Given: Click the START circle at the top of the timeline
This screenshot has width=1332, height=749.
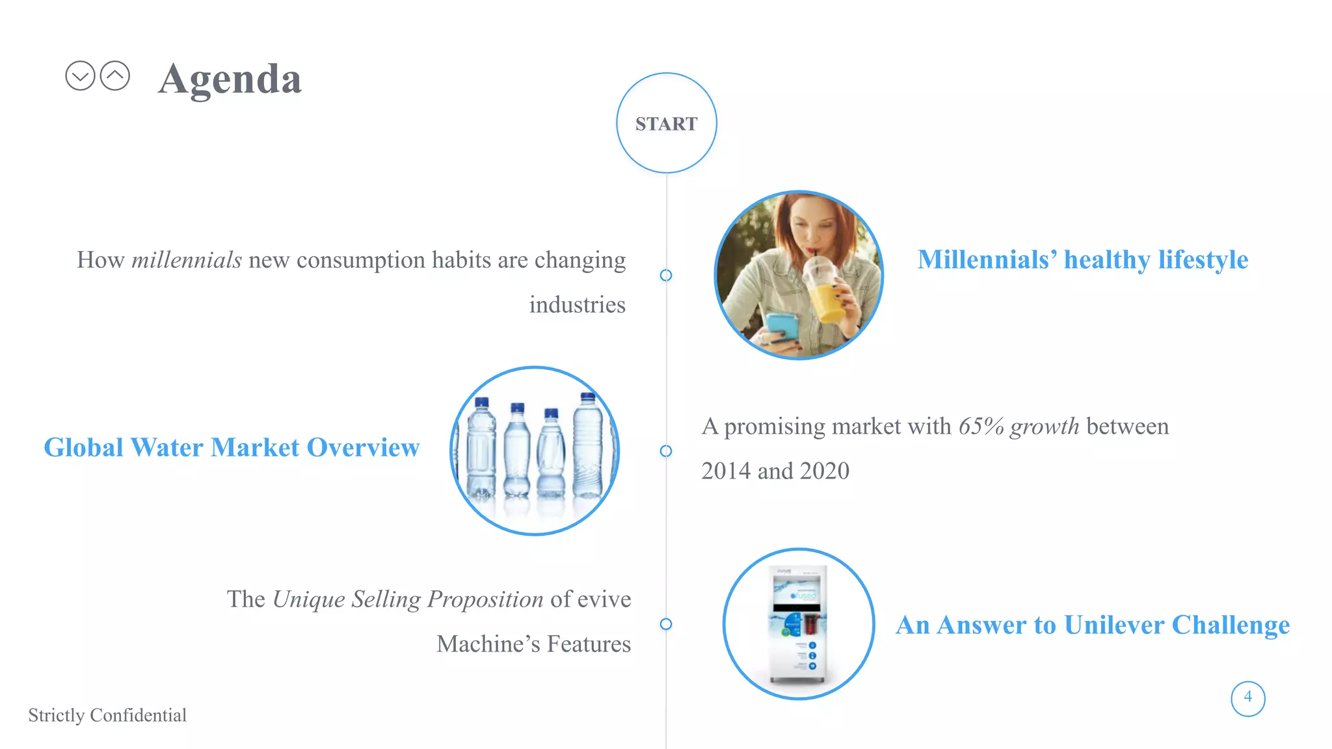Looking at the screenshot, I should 666,123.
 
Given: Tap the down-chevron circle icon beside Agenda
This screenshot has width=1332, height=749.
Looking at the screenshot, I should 80,76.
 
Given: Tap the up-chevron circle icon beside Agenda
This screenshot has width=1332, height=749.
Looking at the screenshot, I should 115,76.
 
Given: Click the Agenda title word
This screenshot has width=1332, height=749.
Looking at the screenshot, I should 230,79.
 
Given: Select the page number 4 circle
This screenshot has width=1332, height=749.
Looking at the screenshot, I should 1247,698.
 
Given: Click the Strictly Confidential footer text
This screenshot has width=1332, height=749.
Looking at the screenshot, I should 107,715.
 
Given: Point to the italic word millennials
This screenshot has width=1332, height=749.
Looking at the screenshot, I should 187,260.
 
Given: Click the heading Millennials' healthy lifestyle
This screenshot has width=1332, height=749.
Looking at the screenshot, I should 1082,259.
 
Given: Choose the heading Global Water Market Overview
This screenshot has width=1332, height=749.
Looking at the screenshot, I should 232,447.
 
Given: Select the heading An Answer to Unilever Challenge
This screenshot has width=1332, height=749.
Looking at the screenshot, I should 1093,625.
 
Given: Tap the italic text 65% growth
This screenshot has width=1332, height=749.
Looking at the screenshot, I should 1019,427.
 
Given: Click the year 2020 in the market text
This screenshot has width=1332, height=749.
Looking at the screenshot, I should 825,471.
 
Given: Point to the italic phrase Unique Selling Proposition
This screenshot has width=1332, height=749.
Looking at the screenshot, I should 408,599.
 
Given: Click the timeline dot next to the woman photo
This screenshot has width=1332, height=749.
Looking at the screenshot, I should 666,275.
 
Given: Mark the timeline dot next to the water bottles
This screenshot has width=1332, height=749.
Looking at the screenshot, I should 666,451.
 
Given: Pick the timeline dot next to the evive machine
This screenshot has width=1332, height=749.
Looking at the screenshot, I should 666,624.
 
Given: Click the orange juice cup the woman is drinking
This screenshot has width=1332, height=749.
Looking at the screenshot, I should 825,293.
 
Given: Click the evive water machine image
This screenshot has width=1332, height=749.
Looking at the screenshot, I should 799,624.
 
